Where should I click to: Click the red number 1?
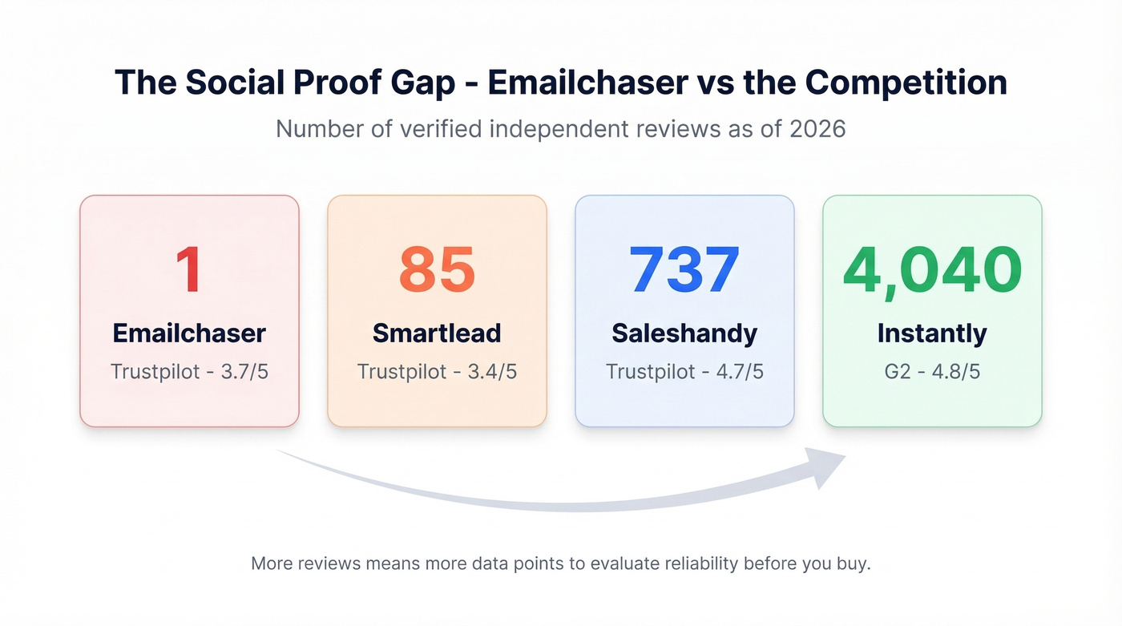[189, 270]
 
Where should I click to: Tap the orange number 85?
[437, 270]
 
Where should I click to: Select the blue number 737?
[684, 270]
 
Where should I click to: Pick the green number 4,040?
[932, 270]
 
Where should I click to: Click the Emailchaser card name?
[189, 333]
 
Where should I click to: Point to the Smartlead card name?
[437, 333]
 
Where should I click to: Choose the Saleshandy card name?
[684, 333]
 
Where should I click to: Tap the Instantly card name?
[932, 333]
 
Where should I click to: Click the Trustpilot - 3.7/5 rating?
[189, 372]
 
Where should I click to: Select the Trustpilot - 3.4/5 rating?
[437, 372]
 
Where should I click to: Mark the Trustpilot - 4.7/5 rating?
[684, 372]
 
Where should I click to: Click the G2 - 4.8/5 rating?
[932, 372]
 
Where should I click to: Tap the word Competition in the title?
[906, 83]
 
